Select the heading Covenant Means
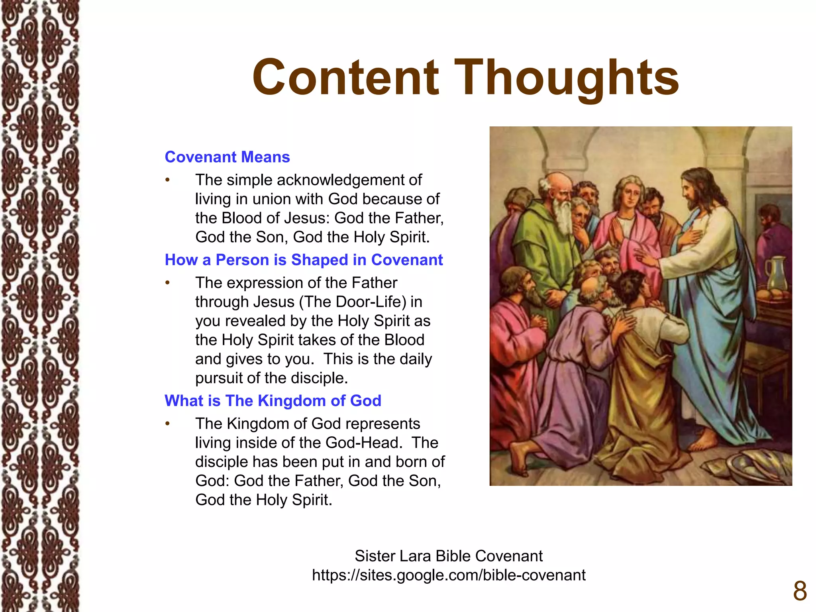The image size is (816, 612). click(227, 157)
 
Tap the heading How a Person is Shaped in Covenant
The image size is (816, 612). click(304, 260)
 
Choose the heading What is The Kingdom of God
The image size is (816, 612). click(273, 400)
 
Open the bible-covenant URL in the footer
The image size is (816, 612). click(449, 575)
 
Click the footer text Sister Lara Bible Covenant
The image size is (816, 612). click(449, 556)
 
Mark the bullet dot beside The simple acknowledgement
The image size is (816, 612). click(168, 180)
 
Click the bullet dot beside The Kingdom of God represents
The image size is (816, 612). click(168, 424)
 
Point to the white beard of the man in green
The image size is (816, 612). click(563, 215)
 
